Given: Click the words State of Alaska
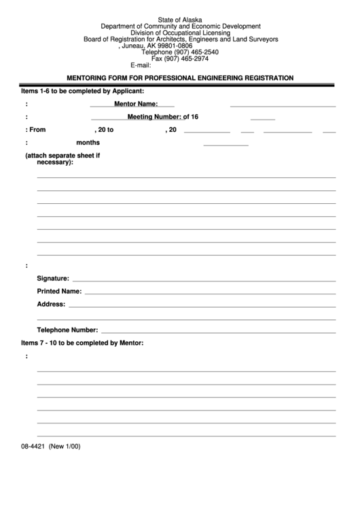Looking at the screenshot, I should (180, 20).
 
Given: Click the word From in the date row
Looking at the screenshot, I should (37, 130).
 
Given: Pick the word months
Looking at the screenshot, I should (88, 143).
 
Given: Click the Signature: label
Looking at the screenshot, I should (53, 279).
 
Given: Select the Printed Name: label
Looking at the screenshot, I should (59, 291).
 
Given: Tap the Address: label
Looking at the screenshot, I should (51, 304).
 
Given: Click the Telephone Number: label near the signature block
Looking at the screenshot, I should (67, 330).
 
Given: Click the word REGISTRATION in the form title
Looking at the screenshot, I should (266, 78).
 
